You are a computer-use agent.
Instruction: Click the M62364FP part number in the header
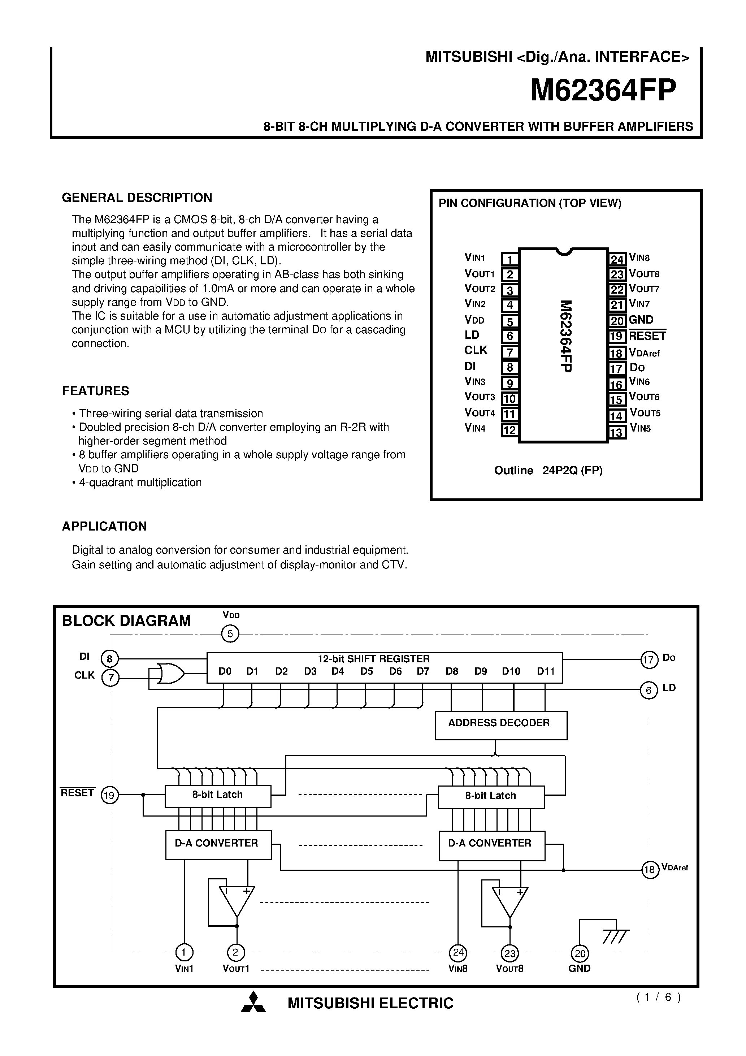tap(603, 91)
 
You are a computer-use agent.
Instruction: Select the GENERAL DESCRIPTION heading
tap(137, 198)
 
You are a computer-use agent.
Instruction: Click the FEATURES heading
tap(96, 391)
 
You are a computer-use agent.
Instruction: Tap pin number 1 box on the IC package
tap(509, 259)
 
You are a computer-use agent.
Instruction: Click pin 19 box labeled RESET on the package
tap(616, 336)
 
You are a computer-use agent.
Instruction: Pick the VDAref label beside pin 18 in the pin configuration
tap(645, 353)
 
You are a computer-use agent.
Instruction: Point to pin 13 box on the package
tap(616, 432)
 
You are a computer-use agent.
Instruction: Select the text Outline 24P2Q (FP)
tap(548, 471)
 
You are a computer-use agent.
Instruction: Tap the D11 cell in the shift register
tap(546, 671)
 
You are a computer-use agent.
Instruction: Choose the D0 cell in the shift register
tap(225, 671)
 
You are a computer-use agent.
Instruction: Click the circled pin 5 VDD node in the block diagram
tap(230, 634)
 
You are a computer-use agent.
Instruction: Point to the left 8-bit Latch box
tap(217, 796)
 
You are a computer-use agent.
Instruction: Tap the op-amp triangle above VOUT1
tap(237, 901)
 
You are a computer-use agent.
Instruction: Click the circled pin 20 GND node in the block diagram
tap(580, 953)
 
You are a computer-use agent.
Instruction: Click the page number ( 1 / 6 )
tap(658, 997)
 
